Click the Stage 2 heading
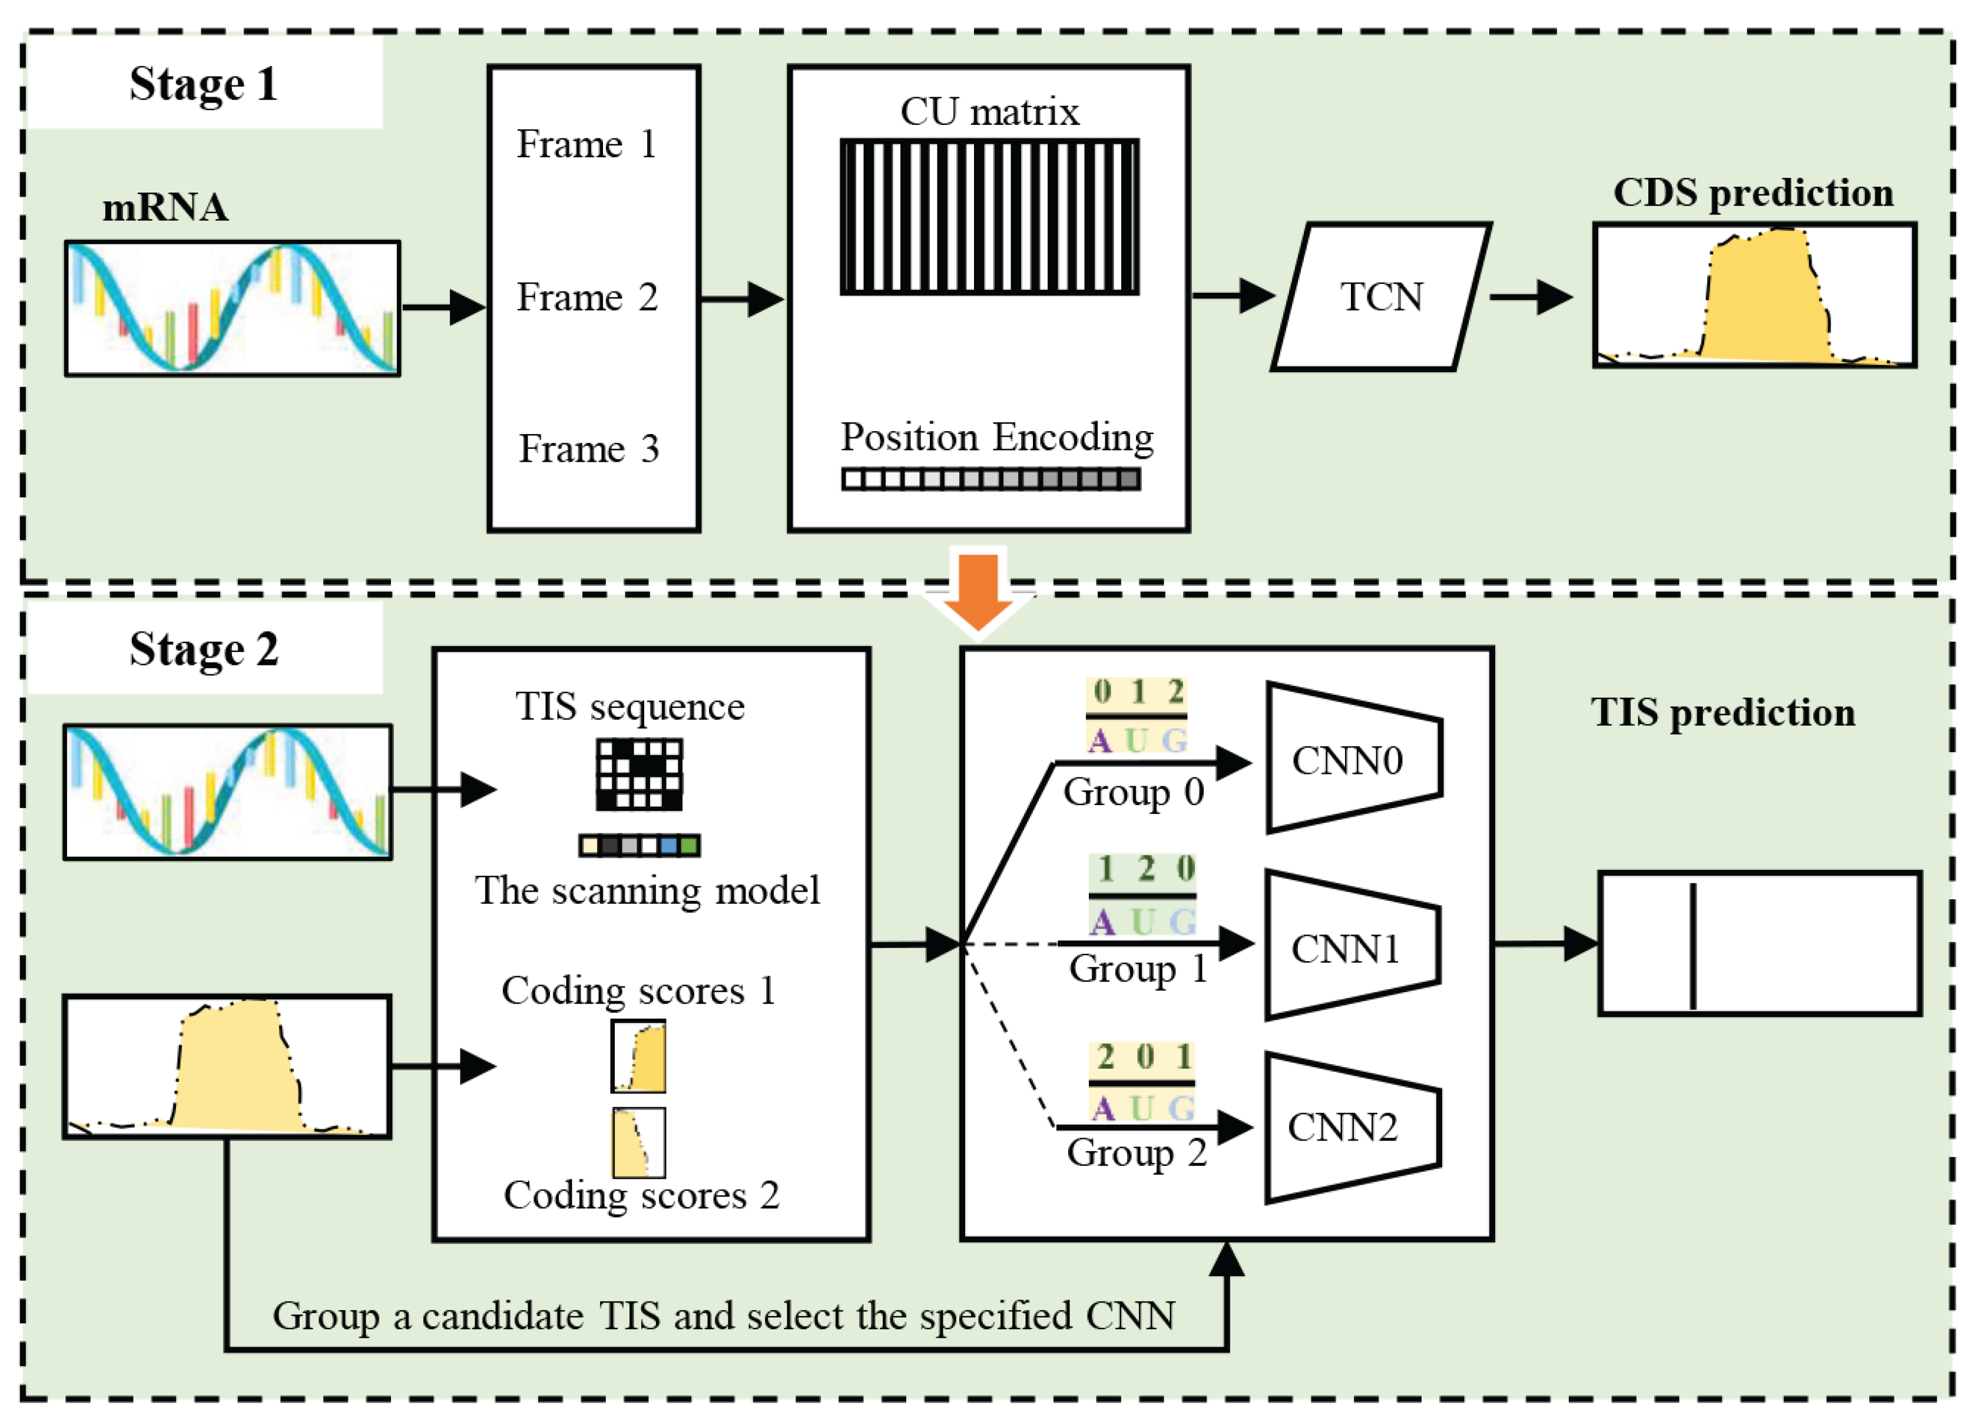coord(203,650)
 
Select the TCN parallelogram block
coord(1380,297)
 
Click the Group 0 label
coord(1132,793)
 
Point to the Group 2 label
coord(1136,1152)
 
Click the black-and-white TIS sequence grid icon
coord(639,774)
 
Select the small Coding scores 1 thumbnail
coord(638,1058)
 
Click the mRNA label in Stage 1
coord(165,208)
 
